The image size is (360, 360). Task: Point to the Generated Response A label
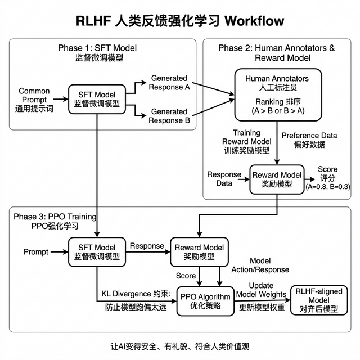click(169, 83)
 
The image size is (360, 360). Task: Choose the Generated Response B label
click(169, 116)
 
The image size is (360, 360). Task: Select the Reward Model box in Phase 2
click(277, 179)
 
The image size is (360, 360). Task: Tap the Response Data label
click(224, 179)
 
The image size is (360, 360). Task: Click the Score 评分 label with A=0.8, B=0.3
click(327, 177)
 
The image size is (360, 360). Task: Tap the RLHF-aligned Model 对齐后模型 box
click(317, 300)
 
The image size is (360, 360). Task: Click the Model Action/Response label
click(259, 266)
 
